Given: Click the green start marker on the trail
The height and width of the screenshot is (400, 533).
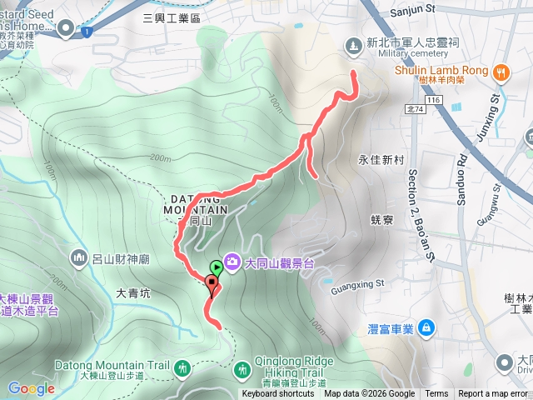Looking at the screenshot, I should coord(217,268).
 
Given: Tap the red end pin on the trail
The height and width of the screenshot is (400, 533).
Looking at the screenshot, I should coord(212,286).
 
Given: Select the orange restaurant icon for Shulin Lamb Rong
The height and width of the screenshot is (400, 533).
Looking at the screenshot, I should coord(501,72).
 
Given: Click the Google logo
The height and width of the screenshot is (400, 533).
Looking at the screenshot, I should coord(31,388).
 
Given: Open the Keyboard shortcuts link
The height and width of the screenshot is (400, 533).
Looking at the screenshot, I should coord(278,394).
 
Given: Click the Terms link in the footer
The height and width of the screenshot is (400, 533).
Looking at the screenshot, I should coord(436,394).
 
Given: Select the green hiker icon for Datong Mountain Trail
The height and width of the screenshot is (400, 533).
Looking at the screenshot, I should coord(182,367).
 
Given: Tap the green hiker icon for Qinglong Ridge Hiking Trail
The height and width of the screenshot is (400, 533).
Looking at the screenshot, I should coord(242,367).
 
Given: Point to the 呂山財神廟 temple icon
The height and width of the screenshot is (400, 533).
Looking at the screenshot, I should coord(80,257).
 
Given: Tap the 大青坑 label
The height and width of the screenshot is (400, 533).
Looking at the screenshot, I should coord(133,293).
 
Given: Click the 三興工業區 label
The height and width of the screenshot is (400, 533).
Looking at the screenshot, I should coord(172,17).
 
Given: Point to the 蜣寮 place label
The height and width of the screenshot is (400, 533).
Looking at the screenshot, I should coord(382,220).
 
